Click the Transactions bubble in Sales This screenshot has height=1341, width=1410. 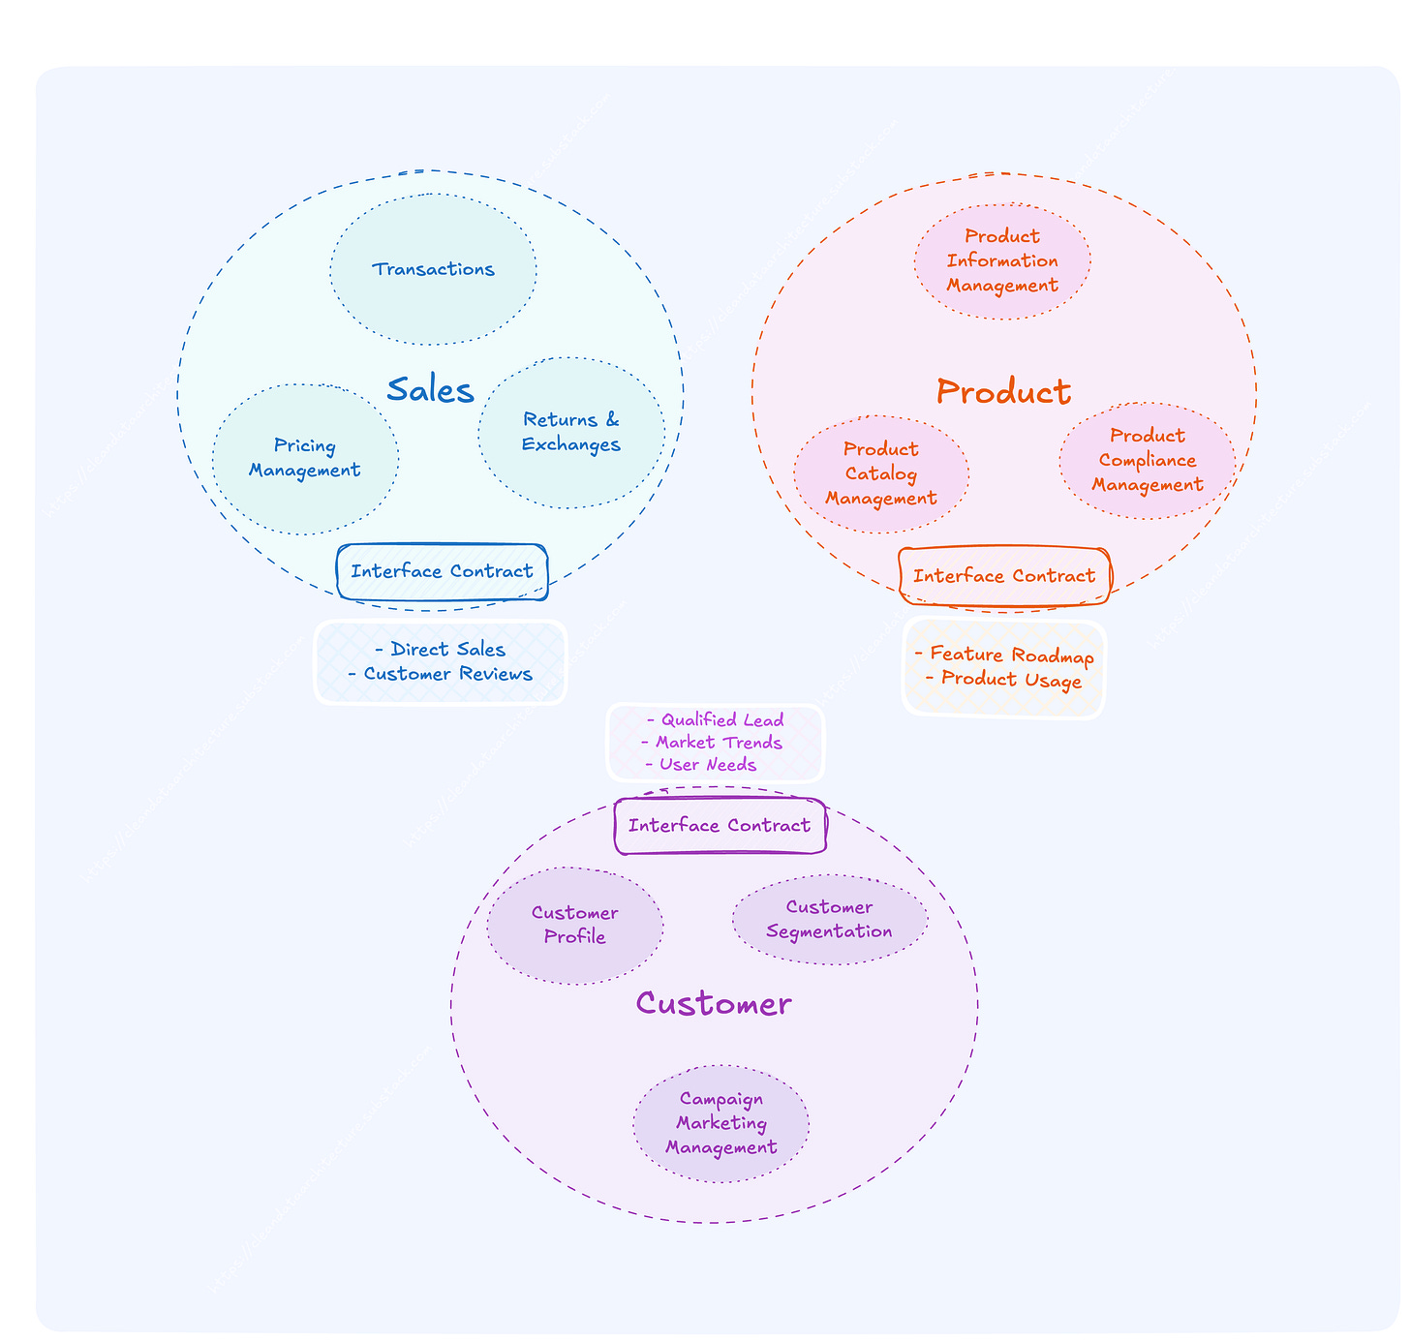[433, 269]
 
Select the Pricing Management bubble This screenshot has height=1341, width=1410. [305, 458]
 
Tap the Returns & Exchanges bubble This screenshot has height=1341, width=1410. [571, 432]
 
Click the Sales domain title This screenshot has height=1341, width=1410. [430, 390]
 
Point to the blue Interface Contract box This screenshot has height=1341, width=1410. [442, 571]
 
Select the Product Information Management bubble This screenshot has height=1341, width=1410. [1002, 260]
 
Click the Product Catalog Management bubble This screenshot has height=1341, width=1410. [881, 473]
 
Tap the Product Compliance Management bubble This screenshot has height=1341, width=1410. [1148, 460]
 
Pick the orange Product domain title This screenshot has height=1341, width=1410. [1003, 392]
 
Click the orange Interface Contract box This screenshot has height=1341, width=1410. [1004, 576]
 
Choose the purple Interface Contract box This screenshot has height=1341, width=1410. [720, 826]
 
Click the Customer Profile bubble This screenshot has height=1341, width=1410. [575, 925]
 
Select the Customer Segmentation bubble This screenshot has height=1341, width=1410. [830, 919]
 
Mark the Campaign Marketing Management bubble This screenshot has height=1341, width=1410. [721, 1123]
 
